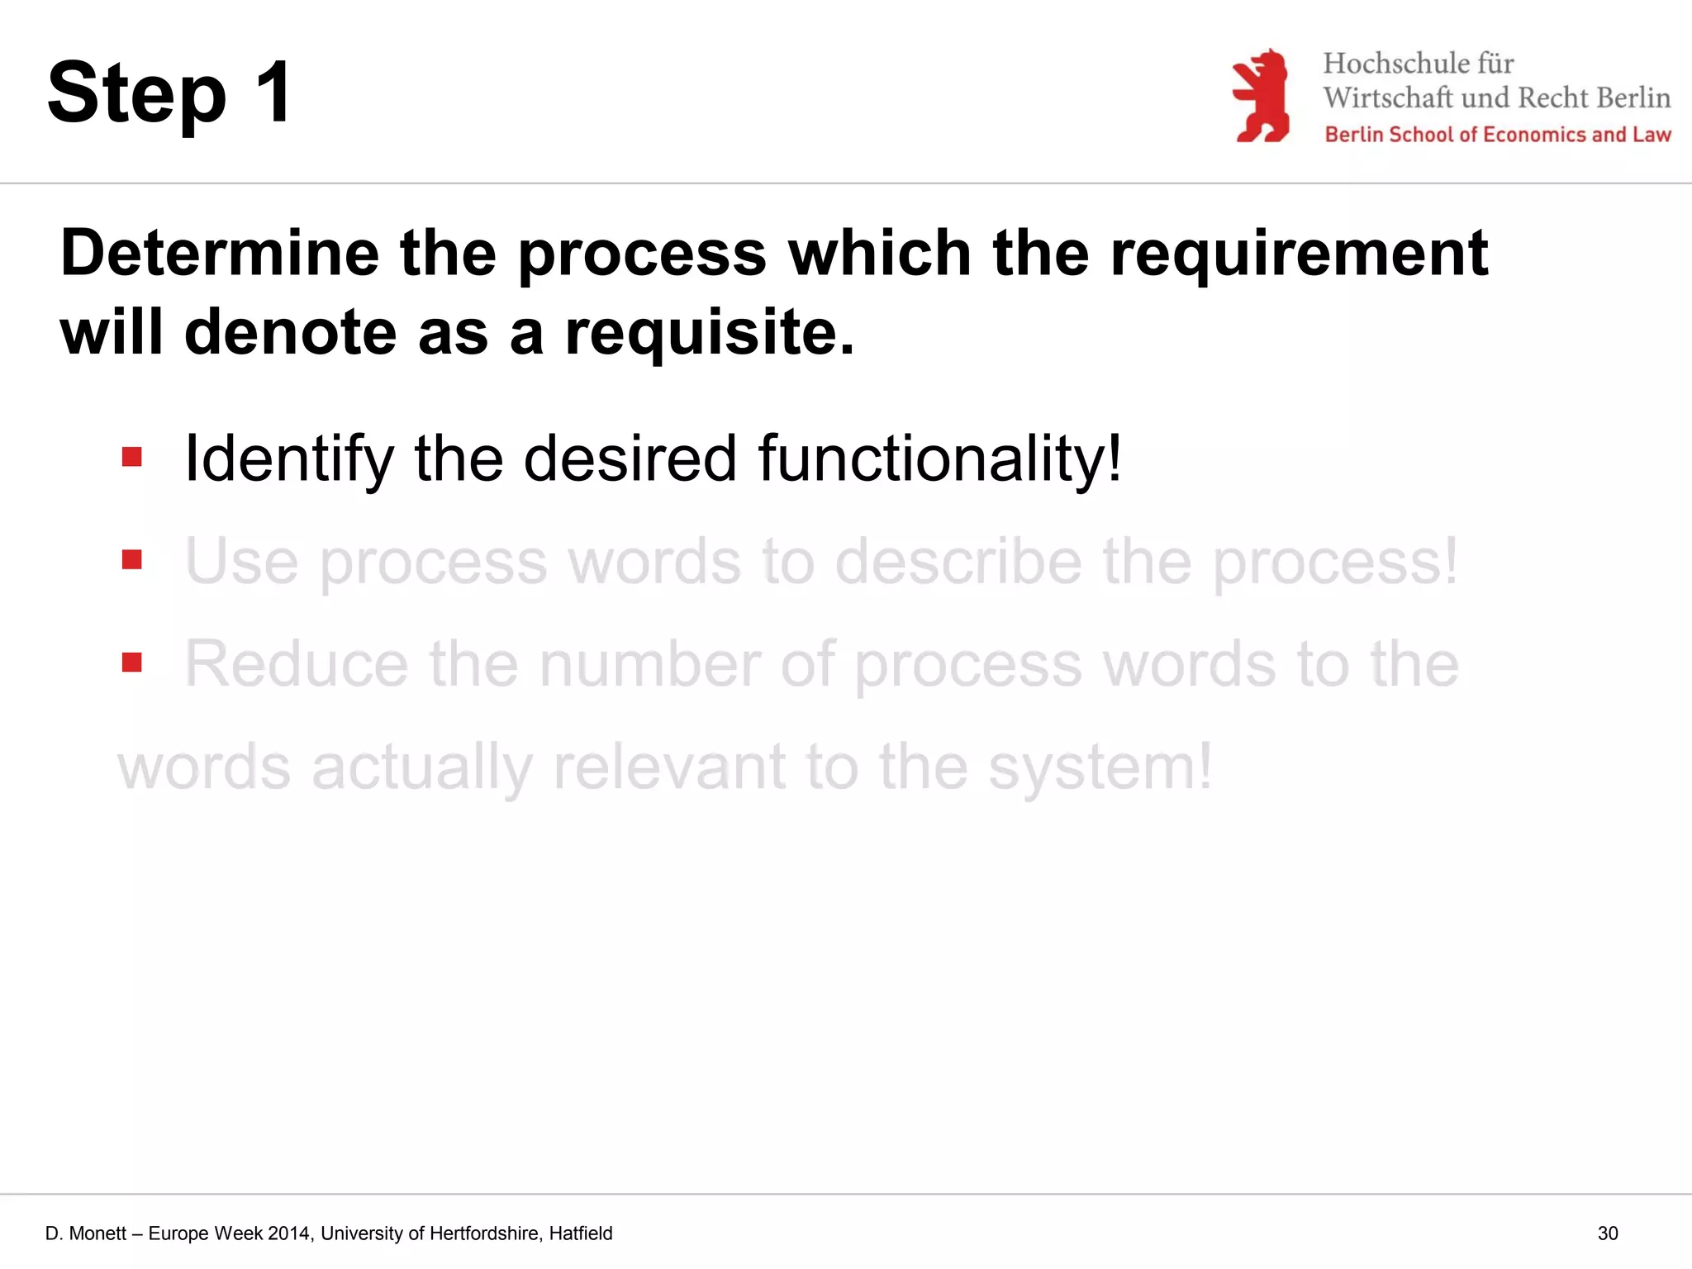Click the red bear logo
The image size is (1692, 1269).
point(1261,96)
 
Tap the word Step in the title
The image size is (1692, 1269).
point(137,94)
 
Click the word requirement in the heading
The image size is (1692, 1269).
point(1299,254)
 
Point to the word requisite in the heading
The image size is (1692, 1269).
point(709,333)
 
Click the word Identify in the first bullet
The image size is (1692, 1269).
point(289,459)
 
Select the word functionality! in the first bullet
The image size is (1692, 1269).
point(940,459)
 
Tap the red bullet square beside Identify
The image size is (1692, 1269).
point(132,457)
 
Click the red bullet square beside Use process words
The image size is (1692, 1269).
point(132,560)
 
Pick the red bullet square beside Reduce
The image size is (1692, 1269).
point(132,663)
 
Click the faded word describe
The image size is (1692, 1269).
point(958,562)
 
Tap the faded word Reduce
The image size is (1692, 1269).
point(296,664)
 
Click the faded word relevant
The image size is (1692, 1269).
point(669,767)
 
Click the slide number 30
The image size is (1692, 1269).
point(1608,1233)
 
